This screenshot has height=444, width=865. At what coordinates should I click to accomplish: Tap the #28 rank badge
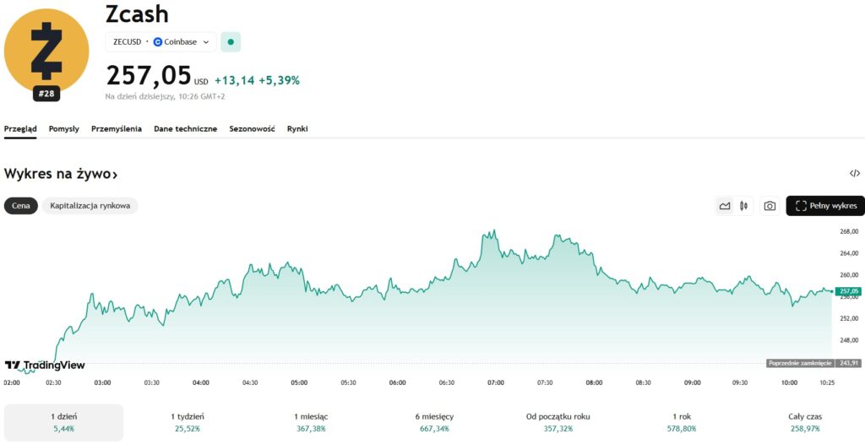point(46,94)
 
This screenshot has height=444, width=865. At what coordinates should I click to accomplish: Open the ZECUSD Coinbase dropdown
point(160,41)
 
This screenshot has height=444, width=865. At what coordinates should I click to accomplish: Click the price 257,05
point(149,76)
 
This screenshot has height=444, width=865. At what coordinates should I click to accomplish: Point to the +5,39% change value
point(279,80)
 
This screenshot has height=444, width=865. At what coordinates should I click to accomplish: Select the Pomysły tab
point(64,129)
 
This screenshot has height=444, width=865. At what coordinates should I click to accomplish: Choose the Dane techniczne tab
point(185,129)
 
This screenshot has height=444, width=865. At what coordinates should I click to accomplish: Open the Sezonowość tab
point(253,129)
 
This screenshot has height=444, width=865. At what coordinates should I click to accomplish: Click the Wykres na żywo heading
point(60,174)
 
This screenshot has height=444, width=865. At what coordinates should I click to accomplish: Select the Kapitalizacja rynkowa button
point(90,205)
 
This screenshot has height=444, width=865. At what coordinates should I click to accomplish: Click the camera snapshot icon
point(770,205)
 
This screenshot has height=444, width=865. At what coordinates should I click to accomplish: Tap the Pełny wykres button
point(825,205)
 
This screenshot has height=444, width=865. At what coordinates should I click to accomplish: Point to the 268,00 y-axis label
point(849,231)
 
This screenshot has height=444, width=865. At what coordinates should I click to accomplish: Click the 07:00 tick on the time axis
point(496,382)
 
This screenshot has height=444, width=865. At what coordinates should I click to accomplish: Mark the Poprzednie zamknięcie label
point(800,363)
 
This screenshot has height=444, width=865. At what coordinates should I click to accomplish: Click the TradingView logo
point(45,365)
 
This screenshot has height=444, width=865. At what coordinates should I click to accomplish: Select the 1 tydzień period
point(187,422)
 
